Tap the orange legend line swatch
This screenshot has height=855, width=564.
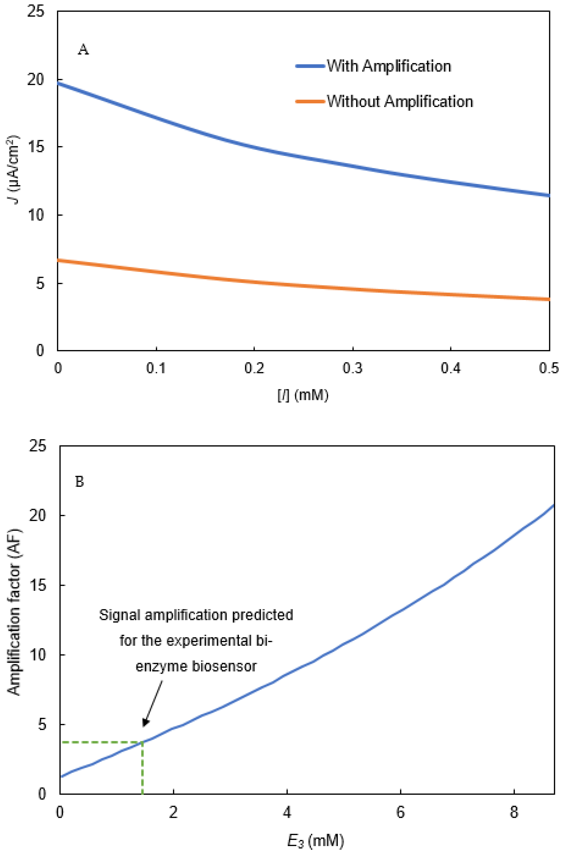coord(310,101)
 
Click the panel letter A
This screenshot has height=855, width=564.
coord(83,49)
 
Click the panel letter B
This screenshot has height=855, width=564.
coord(80,482)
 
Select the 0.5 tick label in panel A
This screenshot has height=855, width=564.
coord(549,369)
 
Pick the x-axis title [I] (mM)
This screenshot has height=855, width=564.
coord(303,396)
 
